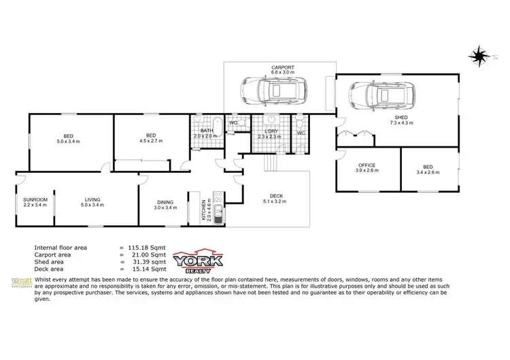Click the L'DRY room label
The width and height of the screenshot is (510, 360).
tap(271, 132)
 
